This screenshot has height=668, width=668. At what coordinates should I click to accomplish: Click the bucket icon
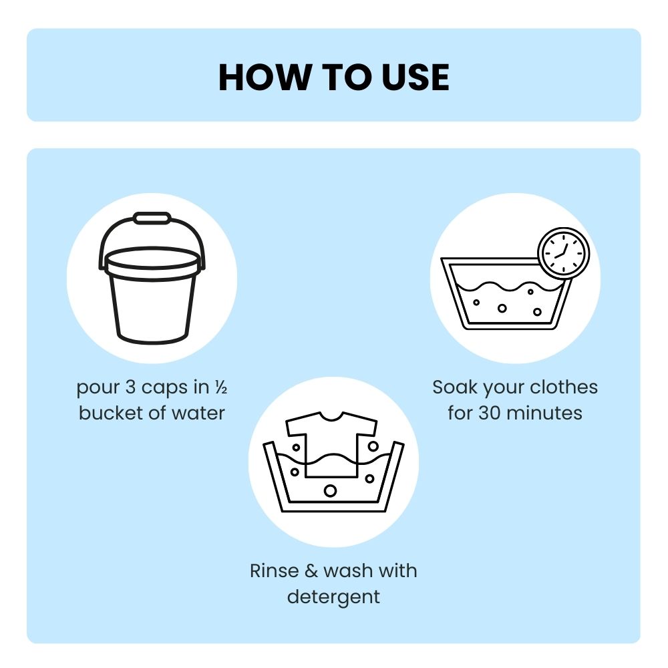[152, 278]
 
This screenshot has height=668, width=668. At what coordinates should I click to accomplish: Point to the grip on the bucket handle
[152, 218]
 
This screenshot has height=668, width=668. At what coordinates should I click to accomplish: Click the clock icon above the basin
[564, 253]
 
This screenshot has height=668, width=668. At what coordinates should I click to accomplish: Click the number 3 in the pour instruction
[130, 387]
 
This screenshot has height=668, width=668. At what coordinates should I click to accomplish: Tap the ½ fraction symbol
[220, 387]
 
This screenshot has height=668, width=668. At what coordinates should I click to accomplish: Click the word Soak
[455, 387]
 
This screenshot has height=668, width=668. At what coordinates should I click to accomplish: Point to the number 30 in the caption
[490, 413]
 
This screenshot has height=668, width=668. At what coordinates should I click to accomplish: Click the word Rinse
[275, 571]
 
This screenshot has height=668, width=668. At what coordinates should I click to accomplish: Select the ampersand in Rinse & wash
[311, 571]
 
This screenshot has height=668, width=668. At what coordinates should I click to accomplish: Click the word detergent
[333, 597]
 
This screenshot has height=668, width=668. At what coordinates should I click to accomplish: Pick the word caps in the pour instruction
[164, 387]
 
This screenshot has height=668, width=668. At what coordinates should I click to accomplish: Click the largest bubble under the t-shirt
[330, 491]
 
